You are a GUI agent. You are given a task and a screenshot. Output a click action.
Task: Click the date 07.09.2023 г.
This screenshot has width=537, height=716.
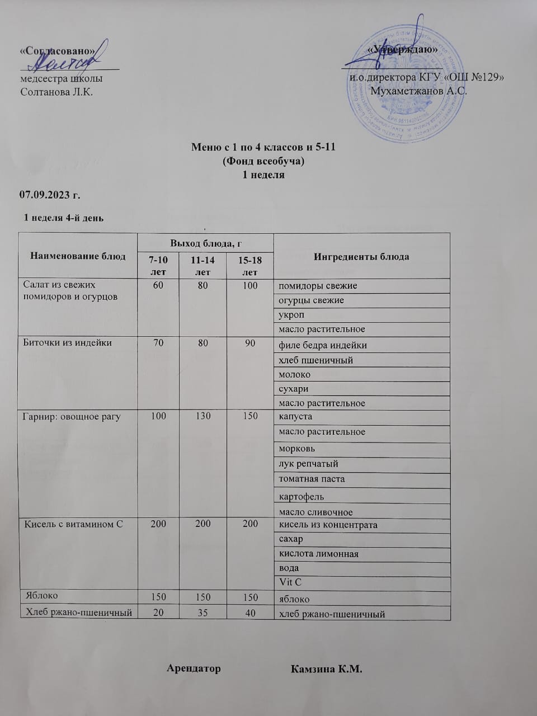[x=50, y=195]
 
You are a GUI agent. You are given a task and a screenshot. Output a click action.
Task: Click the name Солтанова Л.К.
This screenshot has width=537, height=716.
[x=56, y=92]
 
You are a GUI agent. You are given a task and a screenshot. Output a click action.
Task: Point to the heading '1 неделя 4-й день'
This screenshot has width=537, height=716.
[x=63, y=218]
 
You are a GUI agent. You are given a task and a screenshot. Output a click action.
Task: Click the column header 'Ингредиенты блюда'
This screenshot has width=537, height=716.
[x=361, y=257]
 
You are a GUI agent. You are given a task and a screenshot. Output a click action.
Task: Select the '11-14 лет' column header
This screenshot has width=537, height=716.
[x=202, y=266]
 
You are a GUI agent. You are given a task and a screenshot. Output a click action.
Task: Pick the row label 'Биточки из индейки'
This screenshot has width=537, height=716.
[x=67, y=343]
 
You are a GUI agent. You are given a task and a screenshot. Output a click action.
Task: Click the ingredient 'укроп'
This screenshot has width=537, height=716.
[x=291, y=315]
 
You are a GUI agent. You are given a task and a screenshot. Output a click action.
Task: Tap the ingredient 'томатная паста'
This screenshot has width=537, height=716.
[x=312, y=479]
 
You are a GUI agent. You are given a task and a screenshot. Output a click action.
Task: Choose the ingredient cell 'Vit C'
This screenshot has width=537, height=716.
[x=290, y=582]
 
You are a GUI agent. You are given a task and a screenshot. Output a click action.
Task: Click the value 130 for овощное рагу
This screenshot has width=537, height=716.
[x=203, y=416]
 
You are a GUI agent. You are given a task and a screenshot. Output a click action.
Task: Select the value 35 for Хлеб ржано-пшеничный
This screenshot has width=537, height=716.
[x=202, y=613]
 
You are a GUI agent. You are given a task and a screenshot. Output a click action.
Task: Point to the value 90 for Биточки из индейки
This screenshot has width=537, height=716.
[x=250, y=343]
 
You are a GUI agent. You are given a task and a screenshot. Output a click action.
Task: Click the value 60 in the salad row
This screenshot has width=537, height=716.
[x=158, y=286]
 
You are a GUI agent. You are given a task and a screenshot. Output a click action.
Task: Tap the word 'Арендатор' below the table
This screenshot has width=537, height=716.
[x=194, y=668]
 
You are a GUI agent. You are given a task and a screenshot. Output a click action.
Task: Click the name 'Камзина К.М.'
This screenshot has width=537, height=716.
[x=327, y=669]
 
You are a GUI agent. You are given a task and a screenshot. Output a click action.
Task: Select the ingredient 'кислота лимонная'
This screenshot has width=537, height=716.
[x=319, y=554]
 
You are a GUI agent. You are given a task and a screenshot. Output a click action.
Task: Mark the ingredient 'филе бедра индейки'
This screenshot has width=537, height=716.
[x=323, y=345]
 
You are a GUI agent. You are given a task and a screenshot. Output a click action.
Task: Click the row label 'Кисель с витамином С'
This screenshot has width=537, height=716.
[x=73, y=524]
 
